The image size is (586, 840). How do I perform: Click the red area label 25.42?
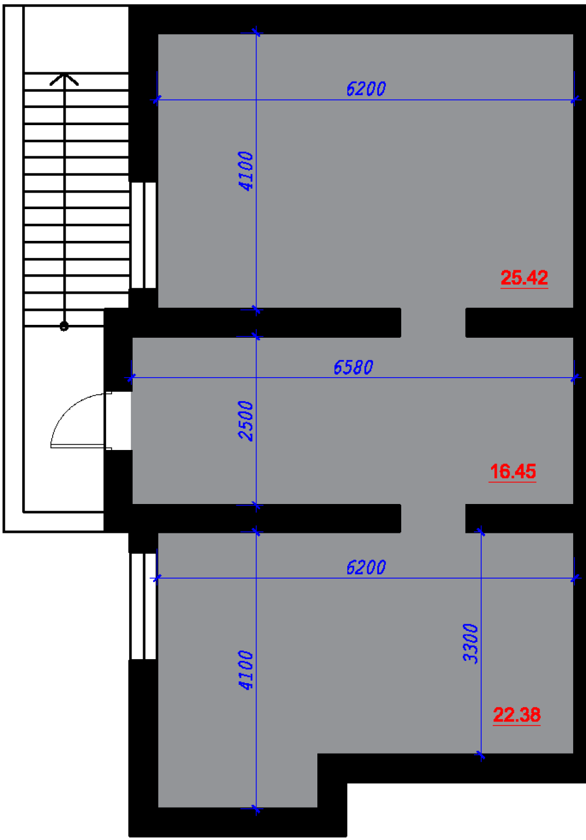pyautogui.click(x=524, y=278)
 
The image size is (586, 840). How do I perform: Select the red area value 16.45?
pyautogui.click(x=513, y=471)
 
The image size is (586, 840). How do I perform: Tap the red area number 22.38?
pyautogui.click(x=517, y=715)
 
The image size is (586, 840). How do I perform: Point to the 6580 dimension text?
pyautogui.click(x=353, y=368)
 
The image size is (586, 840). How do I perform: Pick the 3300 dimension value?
pyautogui.click(x=470, y=643)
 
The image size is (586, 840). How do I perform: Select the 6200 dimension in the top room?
pyautogui.click(x=366, y=89)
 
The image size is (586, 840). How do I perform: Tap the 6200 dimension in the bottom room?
pyautogui.click(x=366, y=567)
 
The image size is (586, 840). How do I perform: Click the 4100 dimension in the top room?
pyautogui.click(x=246, y=171)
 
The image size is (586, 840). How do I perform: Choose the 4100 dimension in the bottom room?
pyautogui.click(x=246, y=670)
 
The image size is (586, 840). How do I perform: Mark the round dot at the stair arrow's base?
pyautogui.click(x=64, y=326)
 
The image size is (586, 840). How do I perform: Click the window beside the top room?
pyautogui.click(x=143, y=235)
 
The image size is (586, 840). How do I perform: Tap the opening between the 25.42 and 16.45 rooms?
pyautogui.click(x=433, y=323)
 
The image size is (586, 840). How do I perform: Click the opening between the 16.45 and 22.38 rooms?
pyautogui.click(x=433, y=519)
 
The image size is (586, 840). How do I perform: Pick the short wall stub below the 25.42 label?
pyautogui.click(x=519, y=323)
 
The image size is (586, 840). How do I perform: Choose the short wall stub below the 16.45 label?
pyautogui.click(x=519, y=519)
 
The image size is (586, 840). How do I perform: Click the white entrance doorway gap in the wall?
pyautogui.click(x=118, y=421)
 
